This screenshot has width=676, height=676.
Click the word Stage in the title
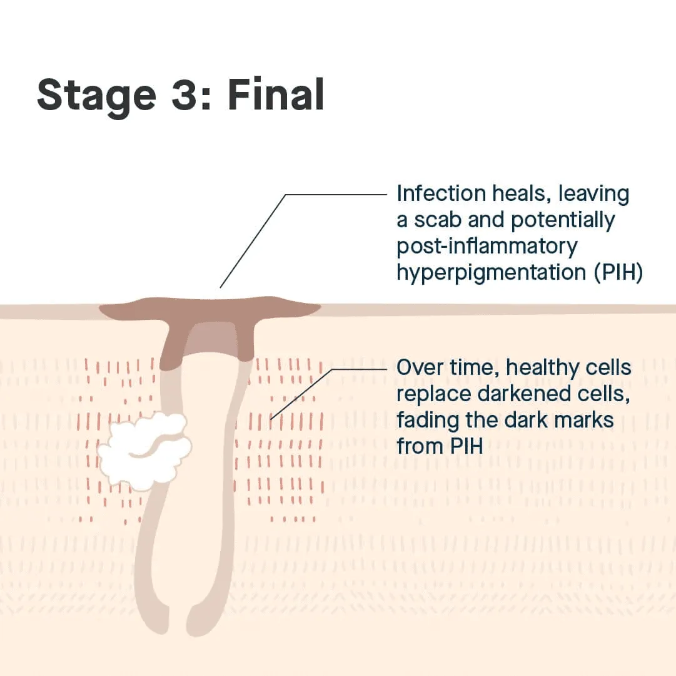(96, 96)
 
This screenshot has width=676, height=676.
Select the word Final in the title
(276, 96)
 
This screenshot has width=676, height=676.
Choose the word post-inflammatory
(487, 247)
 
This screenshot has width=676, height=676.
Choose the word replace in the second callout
(432, 394)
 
